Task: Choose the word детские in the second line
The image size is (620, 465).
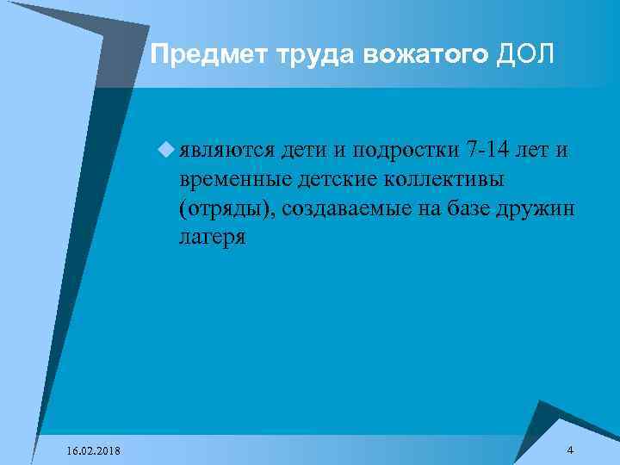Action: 327,181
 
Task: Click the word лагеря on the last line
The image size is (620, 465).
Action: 212,239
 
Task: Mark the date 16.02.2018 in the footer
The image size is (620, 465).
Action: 92,451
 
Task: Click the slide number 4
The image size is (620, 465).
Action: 571,450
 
